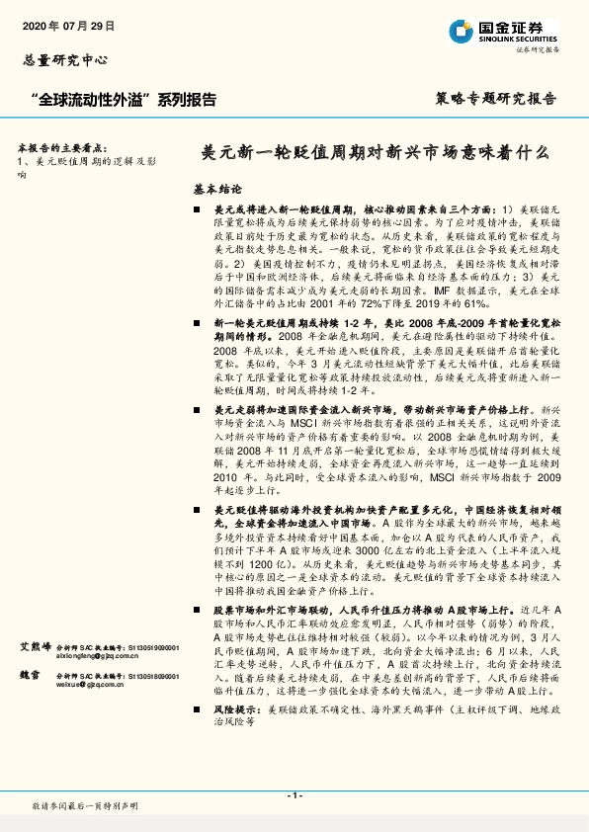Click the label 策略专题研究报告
[495, 99]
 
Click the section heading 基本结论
[217, 188]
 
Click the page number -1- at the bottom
[294, 794]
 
